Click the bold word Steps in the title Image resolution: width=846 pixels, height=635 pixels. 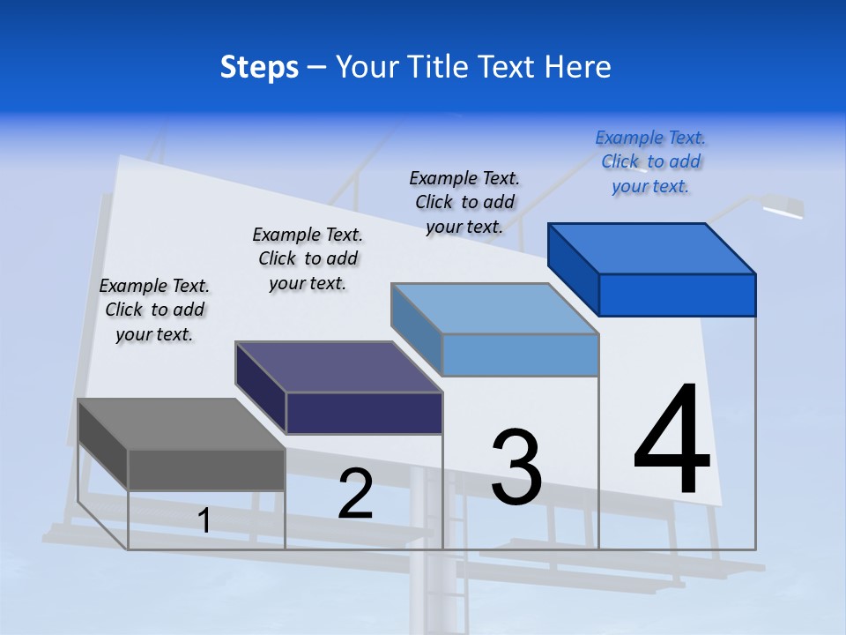coord(259,67)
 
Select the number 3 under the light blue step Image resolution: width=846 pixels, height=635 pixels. coord(516,467)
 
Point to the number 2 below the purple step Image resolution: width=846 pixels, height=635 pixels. coord(355,494)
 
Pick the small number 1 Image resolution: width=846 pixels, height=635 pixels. coord(204,520)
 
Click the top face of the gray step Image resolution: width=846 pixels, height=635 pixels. coord(182,424)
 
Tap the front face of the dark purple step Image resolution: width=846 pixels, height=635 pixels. coord(364,413)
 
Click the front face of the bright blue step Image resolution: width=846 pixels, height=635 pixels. coord(677,295)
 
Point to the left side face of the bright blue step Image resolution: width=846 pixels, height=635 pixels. coord(574,268)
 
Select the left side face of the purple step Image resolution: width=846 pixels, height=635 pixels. coord(261,387)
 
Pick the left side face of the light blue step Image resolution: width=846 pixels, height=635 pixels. coord(417,328)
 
